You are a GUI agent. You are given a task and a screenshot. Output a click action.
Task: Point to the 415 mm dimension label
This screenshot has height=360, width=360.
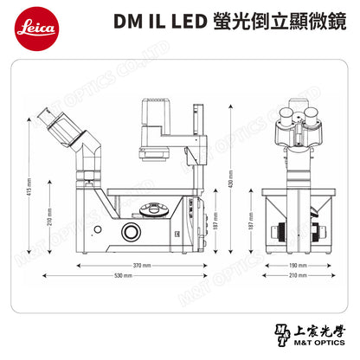tap(29, 185)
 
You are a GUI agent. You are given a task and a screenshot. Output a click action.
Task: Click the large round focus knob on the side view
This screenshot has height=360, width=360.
tap(132, 231)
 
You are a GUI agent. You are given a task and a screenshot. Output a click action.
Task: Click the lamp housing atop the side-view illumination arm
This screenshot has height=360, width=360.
tap(160, 115)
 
